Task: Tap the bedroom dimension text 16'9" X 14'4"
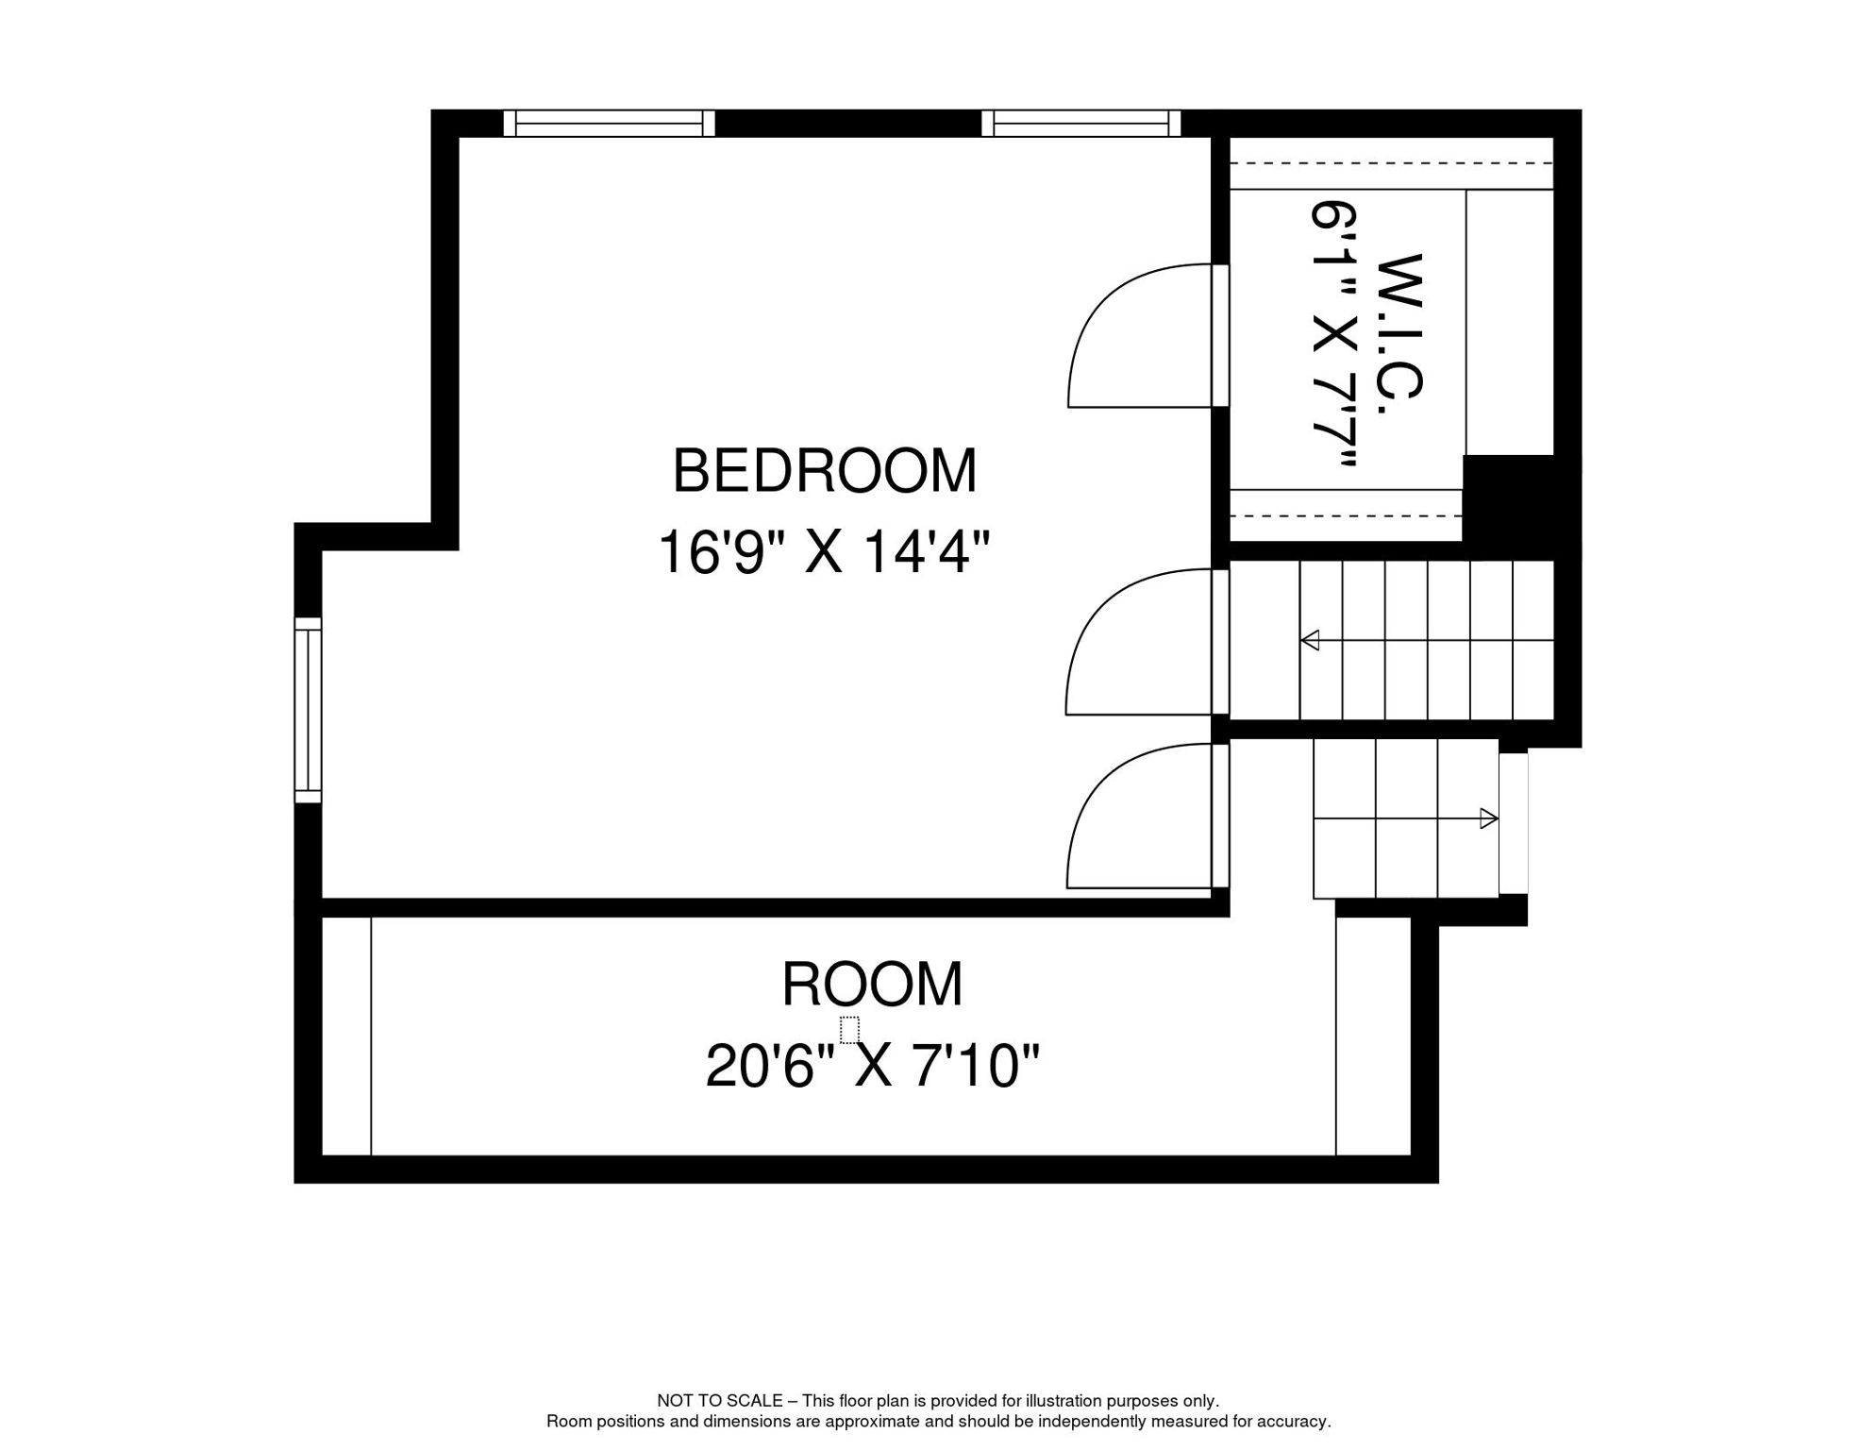824,551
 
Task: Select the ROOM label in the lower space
872,984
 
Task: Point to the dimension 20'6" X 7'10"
872,1066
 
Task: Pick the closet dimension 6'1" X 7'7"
1334,334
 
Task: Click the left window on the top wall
609,124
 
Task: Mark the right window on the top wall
1081,124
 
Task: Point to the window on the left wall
308,710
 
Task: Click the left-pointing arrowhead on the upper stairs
1310,640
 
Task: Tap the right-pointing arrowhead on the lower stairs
1489,818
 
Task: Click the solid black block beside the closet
1519,507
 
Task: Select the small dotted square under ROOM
849,1030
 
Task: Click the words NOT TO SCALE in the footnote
720,1401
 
